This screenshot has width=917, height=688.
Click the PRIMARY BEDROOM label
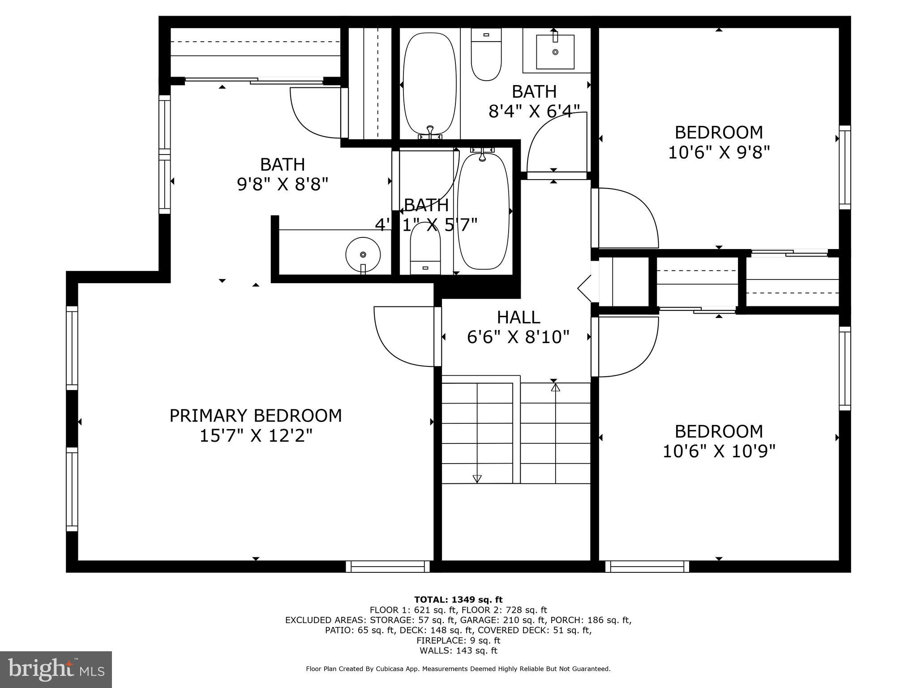coord(255,416)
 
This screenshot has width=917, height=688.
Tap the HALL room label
coord(518,317)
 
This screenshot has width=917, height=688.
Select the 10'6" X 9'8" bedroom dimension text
coord(718,152)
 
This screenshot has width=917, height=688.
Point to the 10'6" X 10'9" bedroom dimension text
coord(718,451)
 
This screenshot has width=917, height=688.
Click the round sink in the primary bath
coord(363,254)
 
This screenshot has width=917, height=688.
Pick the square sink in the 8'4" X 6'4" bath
coord(555,52)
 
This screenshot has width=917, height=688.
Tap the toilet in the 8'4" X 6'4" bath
coord(486,56)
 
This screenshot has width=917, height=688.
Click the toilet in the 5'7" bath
coord(425,249)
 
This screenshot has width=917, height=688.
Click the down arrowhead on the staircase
coord(477,478)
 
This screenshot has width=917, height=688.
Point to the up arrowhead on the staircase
coord(555,387)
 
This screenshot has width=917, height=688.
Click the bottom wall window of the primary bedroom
coord(388,567)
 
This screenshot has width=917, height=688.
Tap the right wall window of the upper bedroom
coord(844,167)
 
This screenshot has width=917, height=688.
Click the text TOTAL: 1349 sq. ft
coord(458,599)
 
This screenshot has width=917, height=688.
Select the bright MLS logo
coord(56,669)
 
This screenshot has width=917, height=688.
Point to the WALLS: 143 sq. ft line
coord(458,650)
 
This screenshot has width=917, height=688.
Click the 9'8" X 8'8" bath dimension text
coord(283,184)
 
